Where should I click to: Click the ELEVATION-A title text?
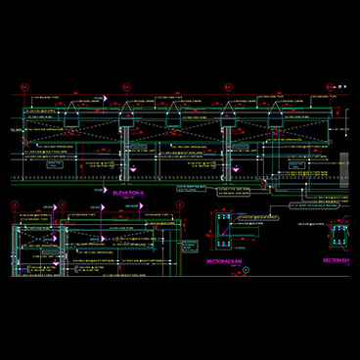click(x=127, y=195)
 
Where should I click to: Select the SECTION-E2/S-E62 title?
click(x=223, y=262)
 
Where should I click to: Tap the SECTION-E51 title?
click(x=337, y=261)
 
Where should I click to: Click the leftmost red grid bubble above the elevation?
click(x=26, y=88)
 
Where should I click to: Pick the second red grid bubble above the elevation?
click(x=125, y=88)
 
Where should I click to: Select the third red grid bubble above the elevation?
click(x=227, y=88)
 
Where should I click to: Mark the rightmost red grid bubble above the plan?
click(x=180, y=204)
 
